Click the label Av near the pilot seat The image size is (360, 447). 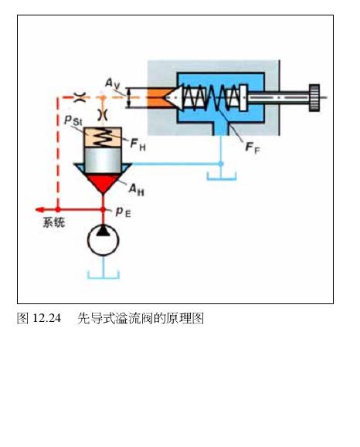click(112, 83)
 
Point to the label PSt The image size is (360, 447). click(73, 120)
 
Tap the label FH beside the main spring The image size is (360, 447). click(138, 144)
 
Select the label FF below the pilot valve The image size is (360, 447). click(253, 147)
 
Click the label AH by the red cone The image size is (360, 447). click(137, 190)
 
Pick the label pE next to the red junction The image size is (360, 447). click(124, 212)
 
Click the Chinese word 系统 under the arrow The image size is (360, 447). click(54, 222)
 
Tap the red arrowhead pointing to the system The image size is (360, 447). click(39, 210)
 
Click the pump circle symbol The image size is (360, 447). click(103, 240)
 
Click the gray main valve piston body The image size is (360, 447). click(103, 161)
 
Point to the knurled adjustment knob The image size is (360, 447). click(314, 97)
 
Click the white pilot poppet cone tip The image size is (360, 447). click(165, 97)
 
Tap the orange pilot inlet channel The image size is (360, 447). click(158, 97)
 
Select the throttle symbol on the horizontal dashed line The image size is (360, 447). click(80, 97)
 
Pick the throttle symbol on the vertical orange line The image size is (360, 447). click(103, 114)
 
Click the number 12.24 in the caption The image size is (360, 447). click(47, 318)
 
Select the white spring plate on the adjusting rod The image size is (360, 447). click(243, 97)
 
